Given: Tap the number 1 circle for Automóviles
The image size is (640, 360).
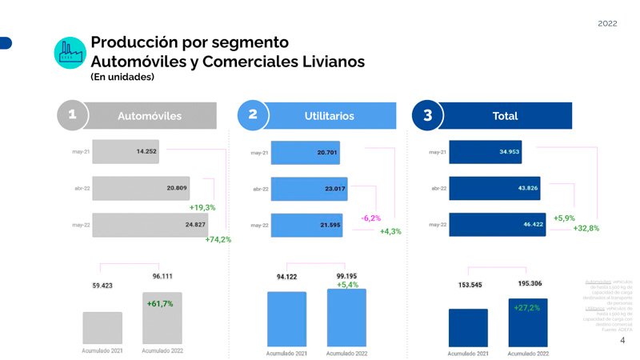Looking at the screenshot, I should pyautogui.click(x=72, y=115).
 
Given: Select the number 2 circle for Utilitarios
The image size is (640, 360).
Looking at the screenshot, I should pyautogui.click(x=253, y=115).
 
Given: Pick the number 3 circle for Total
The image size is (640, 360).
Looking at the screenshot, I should pyautogui.click(x=428, y=115).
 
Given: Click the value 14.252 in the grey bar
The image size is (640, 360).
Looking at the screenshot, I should pyautogui.click(x=147, y=151).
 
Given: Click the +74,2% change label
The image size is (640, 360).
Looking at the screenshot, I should pyautogui.click(x=218, y=239).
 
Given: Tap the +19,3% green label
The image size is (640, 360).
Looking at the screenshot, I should pyautogui.click(x=202, y=207).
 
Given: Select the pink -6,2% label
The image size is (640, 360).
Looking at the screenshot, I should pyautogui.click(x=370, y=218).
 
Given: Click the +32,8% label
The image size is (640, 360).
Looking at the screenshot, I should pyautogui.click(x=587, y=228).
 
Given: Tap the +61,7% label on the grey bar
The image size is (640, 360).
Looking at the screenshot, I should pyautogui.click(x=160, y=304).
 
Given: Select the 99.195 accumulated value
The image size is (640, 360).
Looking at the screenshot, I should pyautogui.click(x=346, y=276).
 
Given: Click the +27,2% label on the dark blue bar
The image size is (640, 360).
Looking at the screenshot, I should pyautogui.click(x=526, y=307).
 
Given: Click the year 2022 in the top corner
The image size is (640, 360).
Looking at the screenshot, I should pyautogui.click(x=607, y=24).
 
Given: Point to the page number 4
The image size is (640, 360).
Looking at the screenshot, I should pyautogui.click(x=622, y=340).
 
